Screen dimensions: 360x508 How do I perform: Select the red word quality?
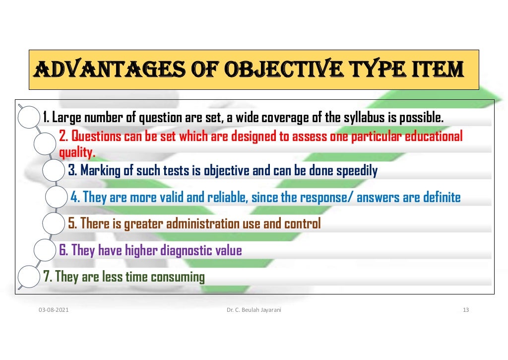click(77, 151)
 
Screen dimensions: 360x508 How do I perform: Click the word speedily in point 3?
click(357, 171)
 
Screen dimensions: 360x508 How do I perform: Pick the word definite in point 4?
click(442, 198)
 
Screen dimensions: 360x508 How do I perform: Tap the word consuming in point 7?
click(178, 277)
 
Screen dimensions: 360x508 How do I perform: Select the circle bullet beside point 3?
click(54, 171)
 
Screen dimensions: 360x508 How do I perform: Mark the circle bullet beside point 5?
click(54, 224)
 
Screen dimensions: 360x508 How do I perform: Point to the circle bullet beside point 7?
click(28, 277)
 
